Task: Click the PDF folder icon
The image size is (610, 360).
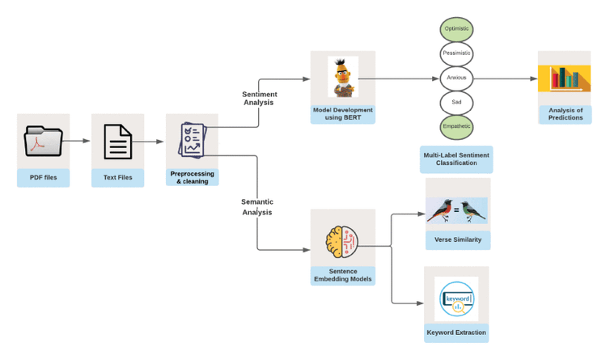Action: (43, 141)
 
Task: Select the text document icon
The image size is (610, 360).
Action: (118, 142)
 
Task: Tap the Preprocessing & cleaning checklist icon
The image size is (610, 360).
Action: (193, 140)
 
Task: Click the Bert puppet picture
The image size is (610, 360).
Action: (343, 77)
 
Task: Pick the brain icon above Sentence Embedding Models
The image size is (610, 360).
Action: (342, 242)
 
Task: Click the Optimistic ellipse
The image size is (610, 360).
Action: (456, 29)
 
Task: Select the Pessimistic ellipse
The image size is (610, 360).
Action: (456, 53)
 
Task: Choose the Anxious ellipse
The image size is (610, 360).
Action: (456, 78)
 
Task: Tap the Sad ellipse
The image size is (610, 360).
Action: (456, 103)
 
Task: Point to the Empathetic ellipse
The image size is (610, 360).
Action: (456, 127)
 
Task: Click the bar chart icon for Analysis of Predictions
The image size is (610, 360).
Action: (564, 78)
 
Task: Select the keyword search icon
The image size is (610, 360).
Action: (457, 299)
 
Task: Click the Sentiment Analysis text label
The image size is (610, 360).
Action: (259, 99)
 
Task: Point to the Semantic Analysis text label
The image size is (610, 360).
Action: (257, 207)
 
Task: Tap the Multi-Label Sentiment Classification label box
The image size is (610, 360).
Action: (456, 159)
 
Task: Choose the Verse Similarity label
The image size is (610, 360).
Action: (458, 239)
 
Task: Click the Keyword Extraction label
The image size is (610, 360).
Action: (456, 332)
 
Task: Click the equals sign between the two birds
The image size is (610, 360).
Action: (457, 210)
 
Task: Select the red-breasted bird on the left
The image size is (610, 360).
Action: (440, 210)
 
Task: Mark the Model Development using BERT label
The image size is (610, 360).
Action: (343, 114)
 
